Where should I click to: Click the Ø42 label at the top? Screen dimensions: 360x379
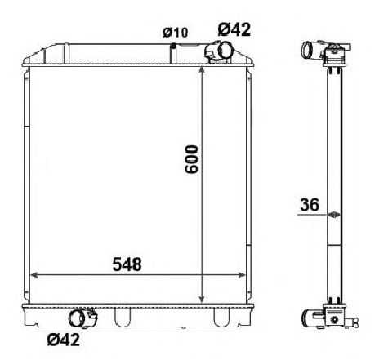234,29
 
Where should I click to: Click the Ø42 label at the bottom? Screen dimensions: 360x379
63,340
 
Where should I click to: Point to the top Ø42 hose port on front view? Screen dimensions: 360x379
218,51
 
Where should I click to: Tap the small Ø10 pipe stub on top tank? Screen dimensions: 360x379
173,51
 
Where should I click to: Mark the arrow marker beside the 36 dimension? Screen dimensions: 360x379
332,216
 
